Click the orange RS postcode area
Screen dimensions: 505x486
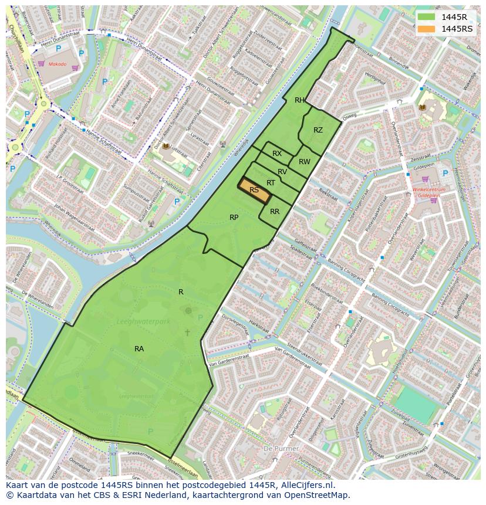click(x=254, y=190)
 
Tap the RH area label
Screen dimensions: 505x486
click(x=299, y=100)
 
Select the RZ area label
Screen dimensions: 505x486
click(x=318, y=130)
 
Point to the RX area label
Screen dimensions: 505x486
click(x=277, y=154)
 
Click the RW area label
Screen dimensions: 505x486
click(x=304, y=162)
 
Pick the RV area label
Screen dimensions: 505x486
click(x=282, y=172)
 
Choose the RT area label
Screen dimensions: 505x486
click(x=271, y=183)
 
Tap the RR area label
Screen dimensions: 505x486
click(x=275, y=212)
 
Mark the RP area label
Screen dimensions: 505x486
click(x=234, y=218)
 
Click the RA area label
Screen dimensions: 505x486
click(x=139, y=349)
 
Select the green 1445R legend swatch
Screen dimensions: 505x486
click(x=427, y=17)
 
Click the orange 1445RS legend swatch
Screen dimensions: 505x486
click(x=427, y=29)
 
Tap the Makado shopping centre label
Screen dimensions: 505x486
click(x=58, y=64)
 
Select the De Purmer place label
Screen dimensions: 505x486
click(x=281, y=449)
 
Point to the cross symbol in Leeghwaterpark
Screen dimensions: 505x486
click(x=187, y=333)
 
